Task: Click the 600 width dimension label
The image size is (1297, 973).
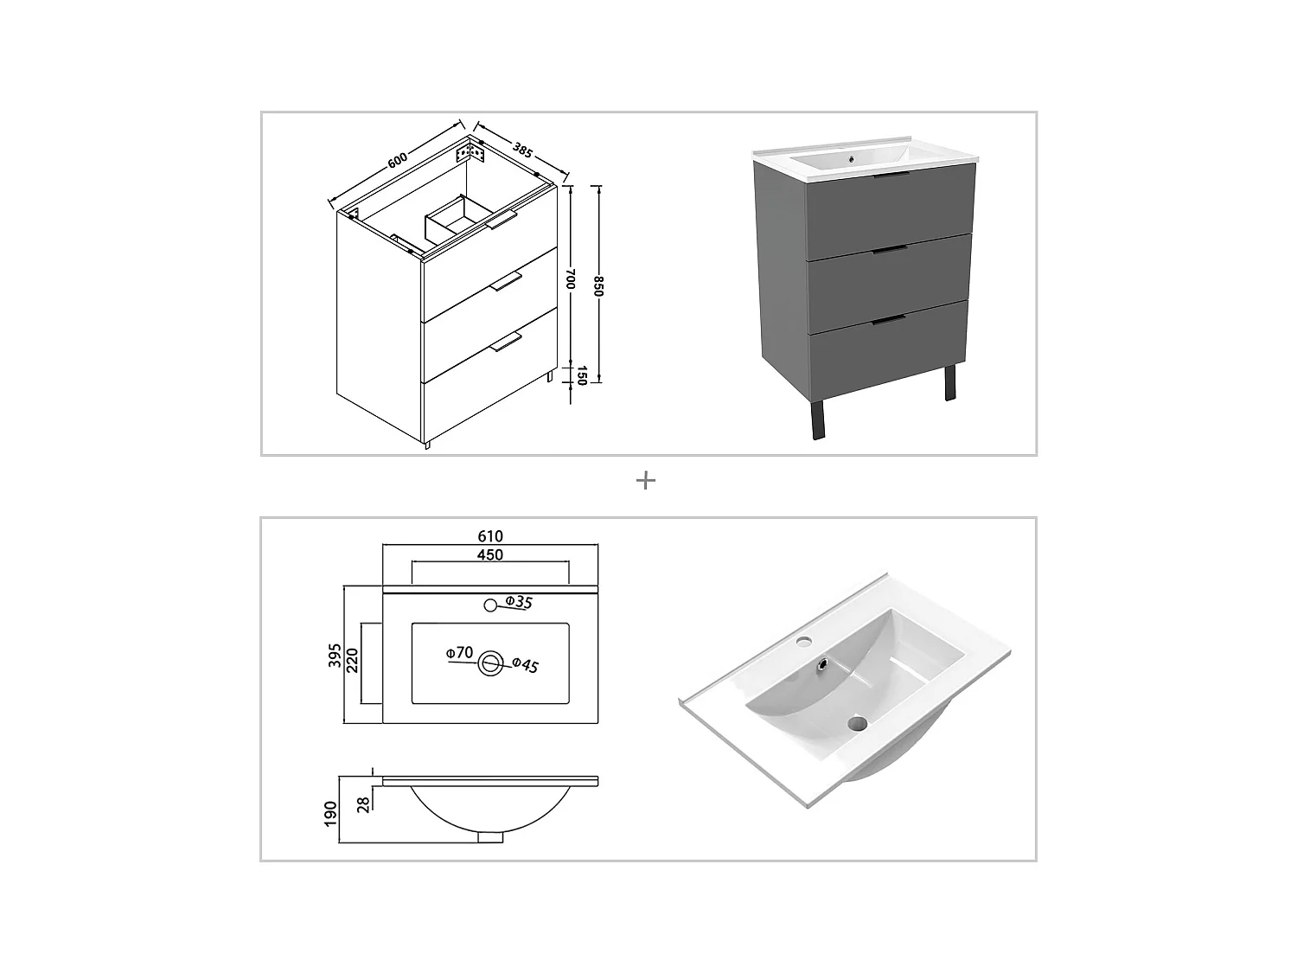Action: coord(397,161)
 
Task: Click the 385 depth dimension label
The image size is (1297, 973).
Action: coord(522,149)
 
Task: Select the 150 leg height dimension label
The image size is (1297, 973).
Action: coord(581,375)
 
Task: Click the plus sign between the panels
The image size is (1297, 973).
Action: coord(645,480)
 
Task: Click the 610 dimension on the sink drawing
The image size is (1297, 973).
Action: coord(489,536)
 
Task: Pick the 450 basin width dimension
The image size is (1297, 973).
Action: coord(489,554)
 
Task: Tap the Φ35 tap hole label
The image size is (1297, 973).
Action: coord(518,602)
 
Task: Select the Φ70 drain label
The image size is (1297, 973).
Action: coord(460,653)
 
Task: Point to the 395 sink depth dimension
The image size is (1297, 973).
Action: coord(334,655)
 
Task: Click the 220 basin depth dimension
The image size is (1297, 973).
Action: coord(353,662)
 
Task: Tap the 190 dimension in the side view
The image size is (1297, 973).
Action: coord(330,814)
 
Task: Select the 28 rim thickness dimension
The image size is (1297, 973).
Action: coord(364,803)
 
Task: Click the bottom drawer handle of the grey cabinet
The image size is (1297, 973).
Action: coord(889,321)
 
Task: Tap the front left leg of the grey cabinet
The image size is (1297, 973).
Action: coord(818,420)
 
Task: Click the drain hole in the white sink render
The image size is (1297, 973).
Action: coord(858,722)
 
